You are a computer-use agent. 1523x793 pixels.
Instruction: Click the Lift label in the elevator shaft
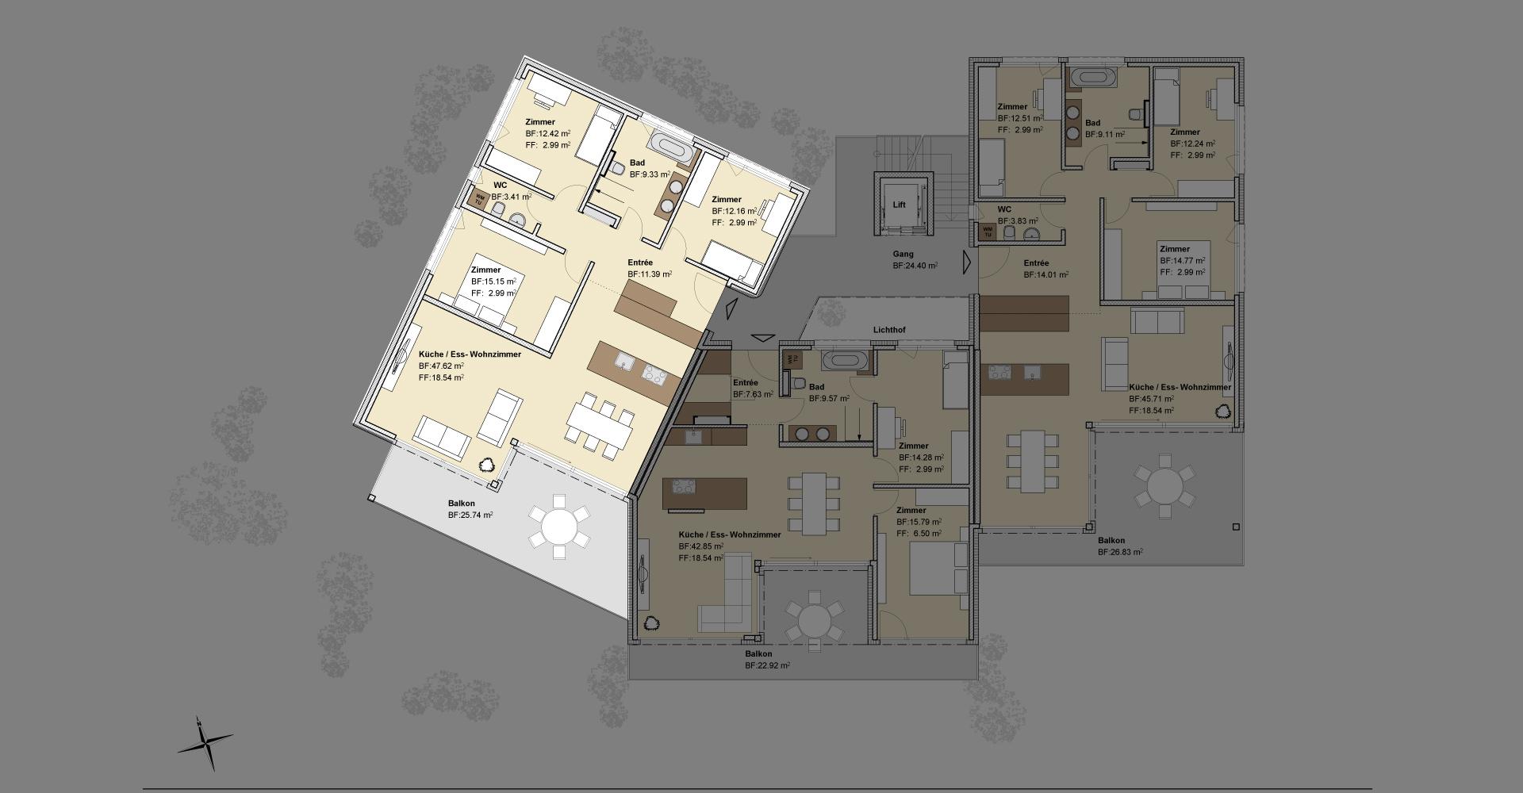tap(899, 205)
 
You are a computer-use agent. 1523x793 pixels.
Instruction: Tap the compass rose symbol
tap(205, 743)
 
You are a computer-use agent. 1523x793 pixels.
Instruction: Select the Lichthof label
tap(889, 330)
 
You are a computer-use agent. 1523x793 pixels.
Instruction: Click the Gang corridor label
tap(903, 255)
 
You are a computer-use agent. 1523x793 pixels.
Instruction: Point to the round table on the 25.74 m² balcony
tap(559, 526)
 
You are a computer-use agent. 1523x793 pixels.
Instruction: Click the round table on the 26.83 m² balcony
tap(1164, 485)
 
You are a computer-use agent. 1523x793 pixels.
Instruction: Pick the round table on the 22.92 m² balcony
tap(814, 616)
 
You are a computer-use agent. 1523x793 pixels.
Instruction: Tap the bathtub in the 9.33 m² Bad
tap(671, 147)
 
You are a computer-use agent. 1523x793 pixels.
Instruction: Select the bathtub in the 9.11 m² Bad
tap(1093, 78)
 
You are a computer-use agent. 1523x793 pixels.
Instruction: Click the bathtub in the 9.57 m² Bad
tap(846, 360)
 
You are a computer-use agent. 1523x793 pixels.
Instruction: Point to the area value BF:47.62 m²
tap(441, 366)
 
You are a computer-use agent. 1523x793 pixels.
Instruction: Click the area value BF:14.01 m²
tap(1045, 275)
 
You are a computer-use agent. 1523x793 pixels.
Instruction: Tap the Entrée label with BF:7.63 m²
tap(745, 383)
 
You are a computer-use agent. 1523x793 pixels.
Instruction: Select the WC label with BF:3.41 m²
tap(500, 186)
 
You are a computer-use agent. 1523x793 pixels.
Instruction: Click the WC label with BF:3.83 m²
tap(1005, 210)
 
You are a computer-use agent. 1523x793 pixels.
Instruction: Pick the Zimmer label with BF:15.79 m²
tap(911, 511)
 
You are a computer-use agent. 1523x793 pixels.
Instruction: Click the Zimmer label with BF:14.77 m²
tap(1175, 249)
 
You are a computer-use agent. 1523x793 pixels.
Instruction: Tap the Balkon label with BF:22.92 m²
tap(758, 654)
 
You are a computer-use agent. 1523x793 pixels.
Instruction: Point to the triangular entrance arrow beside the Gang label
tap(967, 262)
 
